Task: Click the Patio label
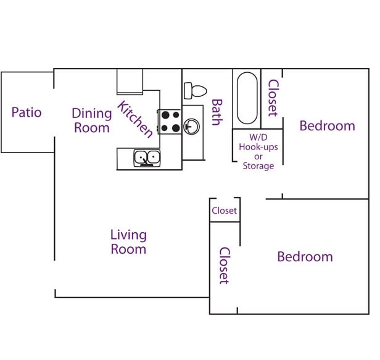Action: point(27,112)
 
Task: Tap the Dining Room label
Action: point(92,120)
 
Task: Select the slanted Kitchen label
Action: point(135,119)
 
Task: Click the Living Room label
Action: point(128,241)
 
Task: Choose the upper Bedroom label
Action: point(327,126)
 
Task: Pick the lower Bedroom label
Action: point(305,256)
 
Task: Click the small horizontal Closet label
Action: point(224,211)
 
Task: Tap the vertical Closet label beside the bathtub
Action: point(273,98)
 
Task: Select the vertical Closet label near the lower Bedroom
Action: point(225,266)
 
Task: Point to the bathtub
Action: point(247,98)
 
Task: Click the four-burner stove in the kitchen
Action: point(170,121)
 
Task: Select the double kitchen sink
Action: point(147,158)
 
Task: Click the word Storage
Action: point(258,166)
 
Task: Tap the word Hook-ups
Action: point(258,147)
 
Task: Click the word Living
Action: point(128,235)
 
